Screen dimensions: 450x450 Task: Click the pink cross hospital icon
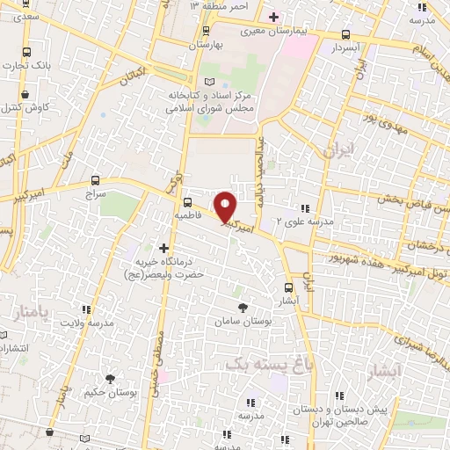(x=273, y=16)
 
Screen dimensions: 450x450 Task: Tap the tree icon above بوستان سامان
(x=243, y=307)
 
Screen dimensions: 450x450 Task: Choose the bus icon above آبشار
(x=290, y=287)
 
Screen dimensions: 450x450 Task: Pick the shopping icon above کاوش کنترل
(x=25, y=93)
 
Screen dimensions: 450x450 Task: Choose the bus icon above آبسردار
(x=345, y=36)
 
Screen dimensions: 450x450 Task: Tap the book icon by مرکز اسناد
(x=208, y=82)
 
